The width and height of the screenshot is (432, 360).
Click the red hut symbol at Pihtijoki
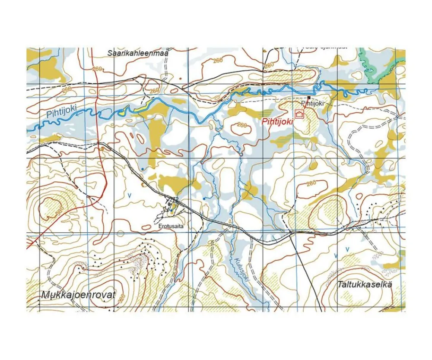click(x=299, y=114)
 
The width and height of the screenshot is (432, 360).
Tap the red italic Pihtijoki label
click(x=277, y=122)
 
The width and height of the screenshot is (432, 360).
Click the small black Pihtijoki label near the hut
click(x=313, y=104)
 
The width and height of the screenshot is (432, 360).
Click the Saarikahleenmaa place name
click(x=137, y=54)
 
